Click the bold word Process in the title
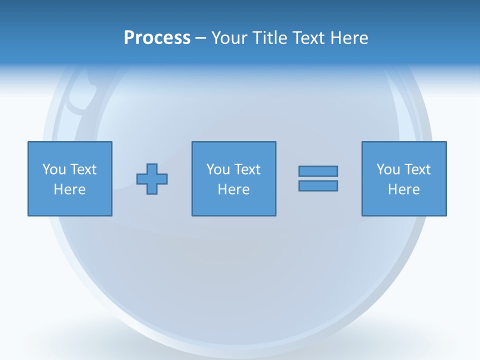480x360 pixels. pyautogui.click(x=157, y=38)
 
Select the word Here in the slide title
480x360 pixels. pyautogui.click(x=348, y=38)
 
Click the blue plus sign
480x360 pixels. pyautogui.click(x=152, y=179)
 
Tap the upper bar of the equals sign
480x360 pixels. pyautogui.click(x=318, y=171)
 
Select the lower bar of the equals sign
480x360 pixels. pyautogui.click(x=318, y=186)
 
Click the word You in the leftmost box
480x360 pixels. pyautogui.click(x=54, y=169)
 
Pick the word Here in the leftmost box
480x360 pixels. pyautogui.click(x=69, y=189)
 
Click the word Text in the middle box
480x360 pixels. pyautogui.click(x=247, y=169)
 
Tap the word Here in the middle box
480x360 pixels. pyautogui.click(x=233, y=189)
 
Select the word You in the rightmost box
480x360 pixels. pyautogui.click(x=388, y=169)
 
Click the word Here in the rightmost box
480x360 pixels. pyautogui.click(x=403, y=189)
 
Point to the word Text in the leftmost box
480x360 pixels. pyautogui.click(x=83, y=169)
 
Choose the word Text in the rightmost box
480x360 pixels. pyautogui.click(x=417, y=169)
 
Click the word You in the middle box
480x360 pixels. pyautogui.click(x=218, y=169)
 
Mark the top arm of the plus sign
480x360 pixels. pyautogui.click(x=152, y=168)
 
